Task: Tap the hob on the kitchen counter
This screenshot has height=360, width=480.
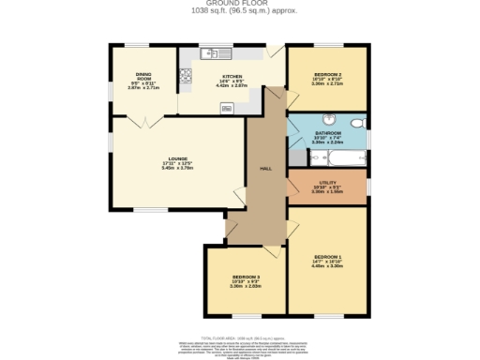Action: click(186, 74)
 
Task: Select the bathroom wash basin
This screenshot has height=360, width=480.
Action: click(327, 119)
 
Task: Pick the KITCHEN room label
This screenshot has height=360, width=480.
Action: click(232, 76)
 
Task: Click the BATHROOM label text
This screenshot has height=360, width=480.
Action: click(327, 135)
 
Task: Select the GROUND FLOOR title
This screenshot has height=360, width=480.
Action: click(239, 5)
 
